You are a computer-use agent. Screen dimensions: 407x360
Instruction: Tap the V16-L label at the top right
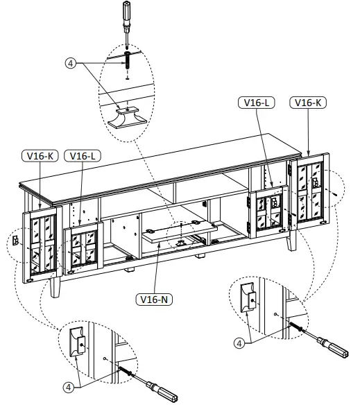pyautogui.click(x=257, y=103)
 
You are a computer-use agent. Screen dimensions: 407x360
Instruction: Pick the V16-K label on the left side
pyautogui.click(x=40, y=156)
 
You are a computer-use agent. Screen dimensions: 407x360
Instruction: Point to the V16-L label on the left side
pyautogui.click(x=83, y=156)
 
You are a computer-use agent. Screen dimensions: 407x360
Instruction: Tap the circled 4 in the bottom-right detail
pyautogui.click(x=239, y=343)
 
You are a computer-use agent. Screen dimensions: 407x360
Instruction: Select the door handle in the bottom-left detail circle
pyautogui.click(x=78, y=339)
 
